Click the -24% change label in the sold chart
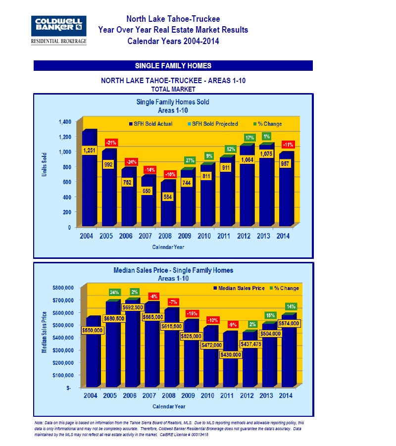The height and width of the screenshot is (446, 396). point(131,162)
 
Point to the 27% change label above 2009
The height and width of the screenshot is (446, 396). point(190,160)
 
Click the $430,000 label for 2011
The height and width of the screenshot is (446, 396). point(230,354)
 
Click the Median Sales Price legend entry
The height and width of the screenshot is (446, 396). point(237,288)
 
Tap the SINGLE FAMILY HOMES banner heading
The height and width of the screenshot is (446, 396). point(173,66)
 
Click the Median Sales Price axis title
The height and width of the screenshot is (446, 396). point(45,332)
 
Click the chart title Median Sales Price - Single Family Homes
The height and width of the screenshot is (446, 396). point(173,270)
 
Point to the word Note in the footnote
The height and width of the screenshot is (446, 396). point(39,423)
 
